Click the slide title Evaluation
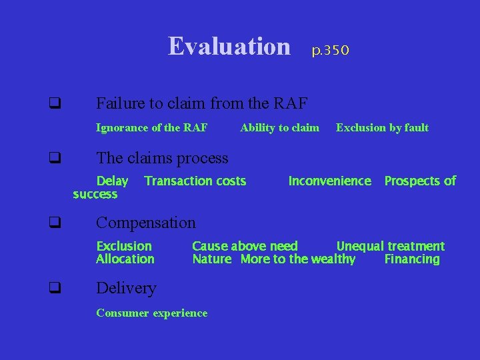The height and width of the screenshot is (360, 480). pos(229,47)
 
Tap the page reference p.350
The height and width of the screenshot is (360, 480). pos(331,50)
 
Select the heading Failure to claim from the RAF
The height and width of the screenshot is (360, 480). pos(202,103)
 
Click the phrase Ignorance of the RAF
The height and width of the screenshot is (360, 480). pos(152,127)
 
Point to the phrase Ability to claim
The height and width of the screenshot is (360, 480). pos(279,127)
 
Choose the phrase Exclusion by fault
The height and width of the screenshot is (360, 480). pos(382,127)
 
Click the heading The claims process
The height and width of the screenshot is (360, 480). pos(162,158)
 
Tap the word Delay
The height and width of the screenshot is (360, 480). pos(113,181)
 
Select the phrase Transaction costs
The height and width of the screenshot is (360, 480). pos(195,181)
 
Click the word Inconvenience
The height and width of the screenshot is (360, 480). pos(329,181)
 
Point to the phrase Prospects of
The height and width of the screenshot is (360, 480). pos(420,181)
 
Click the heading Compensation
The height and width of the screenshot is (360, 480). pos(146,223)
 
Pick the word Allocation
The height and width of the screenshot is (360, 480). pos(125,259)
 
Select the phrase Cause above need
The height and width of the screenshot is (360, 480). pos(245,246)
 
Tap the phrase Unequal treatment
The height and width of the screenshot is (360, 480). pos(390,246)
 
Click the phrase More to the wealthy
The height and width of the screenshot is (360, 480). pos(298,259)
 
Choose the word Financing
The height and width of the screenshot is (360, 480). pos(412,259)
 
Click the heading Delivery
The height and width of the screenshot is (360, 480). pos(126,288)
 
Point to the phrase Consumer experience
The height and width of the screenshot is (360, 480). pos(152,313)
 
